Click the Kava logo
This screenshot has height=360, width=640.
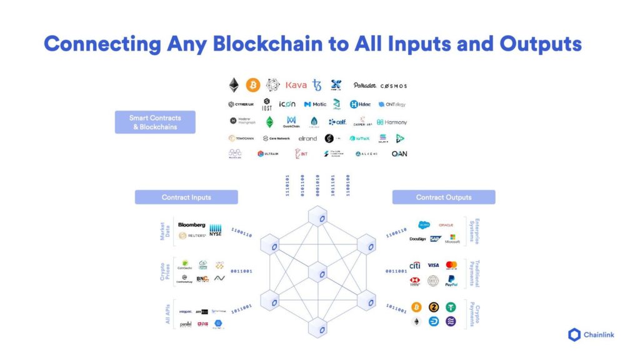[296, 85]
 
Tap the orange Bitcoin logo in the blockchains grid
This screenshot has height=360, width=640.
[253, 85]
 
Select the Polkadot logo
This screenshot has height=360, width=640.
[364, 86]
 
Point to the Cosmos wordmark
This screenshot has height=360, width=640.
[394, 86]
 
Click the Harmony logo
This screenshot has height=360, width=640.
[392, 122]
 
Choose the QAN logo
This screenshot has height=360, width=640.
[399, 154]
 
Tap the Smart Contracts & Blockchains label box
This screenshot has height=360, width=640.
[154, 122]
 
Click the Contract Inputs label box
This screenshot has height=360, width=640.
[186, 197]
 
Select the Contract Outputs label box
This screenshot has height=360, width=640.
[444, 197]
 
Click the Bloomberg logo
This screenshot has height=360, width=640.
[191, 225]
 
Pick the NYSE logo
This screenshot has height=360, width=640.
[216, 229]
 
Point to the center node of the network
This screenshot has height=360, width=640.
[318, 273]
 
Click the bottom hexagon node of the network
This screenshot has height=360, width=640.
[318, 326]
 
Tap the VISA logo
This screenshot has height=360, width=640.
[433, 266]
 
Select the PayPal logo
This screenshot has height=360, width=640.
[451, 281]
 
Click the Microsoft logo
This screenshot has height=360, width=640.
[452, 239]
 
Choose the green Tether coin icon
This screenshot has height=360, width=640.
[451, 307]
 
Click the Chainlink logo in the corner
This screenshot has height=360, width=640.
[591, 334]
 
